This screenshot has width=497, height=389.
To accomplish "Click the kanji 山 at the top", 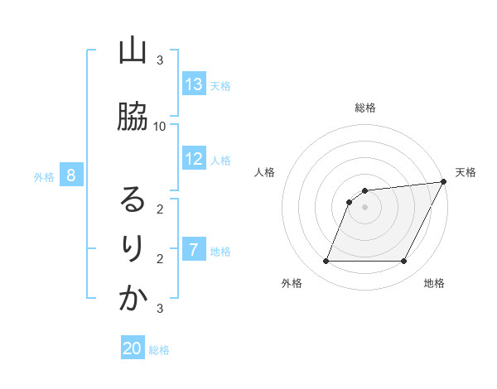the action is coord(133,51).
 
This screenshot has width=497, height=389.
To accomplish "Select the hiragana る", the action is coord(133,199).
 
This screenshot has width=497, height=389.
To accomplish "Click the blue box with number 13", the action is coord(194,84).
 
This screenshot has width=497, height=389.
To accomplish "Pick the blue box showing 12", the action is coord(194,159).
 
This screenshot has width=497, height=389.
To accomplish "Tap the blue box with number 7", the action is coord(194,250).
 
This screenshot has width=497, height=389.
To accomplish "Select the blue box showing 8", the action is coord(71,175).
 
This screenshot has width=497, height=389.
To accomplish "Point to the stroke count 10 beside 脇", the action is coord(160,126).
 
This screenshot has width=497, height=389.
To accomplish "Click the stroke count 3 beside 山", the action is coord(160,60).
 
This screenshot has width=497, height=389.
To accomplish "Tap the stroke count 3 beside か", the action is coord(160,309).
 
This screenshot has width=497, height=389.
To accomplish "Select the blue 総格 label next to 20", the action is coord(159,350).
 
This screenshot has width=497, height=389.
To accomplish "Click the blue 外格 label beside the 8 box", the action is coord(44,176).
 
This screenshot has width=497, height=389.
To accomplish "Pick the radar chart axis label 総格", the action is coord(365,108).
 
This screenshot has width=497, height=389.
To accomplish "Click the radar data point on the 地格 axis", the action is coord(404,262).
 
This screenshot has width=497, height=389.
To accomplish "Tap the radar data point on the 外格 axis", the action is coord(326,262).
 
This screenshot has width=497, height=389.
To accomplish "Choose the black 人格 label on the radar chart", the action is coord(264,172).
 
